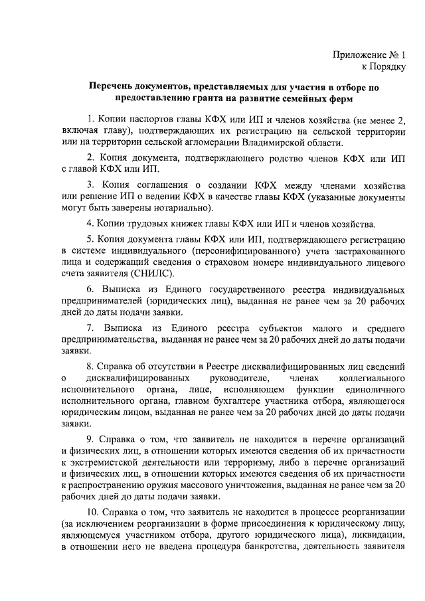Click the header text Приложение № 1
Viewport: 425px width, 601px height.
369,54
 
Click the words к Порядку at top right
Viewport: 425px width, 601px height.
382,66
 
